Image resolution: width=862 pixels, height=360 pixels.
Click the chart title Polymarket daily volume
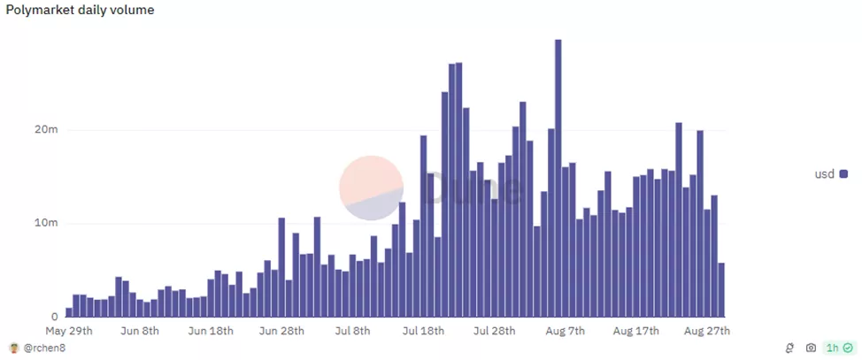tap(80, 10)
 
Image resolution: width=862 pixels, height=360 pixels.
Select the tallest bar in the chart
tap(558, 177)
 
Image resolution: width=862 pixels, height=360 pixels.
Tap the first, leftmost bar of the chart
tap(69, 312)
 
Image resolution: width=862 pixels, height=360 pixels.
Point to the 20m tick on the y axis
tap(47, 130)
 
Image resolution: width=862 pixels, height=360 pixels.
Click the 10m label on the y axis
tap(47, 223)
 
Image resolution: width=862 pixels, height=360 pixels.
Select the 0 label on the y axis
tap(54, 317)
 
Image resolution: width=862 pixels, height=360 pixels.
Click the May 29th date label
tap(68, 331)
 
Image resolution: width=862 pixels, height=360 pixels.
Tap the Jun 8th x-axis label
tap(139, 331)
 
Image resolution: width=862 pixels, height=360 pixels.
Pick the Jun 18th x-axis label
tap(211, 331)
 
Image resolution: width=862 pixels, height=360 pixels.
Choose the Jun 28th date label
tap(281, 331)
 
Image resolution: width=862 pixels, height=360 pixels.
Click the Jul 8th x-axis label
tap(352, 331)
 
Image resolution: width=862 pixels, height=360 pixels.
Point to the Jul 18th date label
tap(423, 331)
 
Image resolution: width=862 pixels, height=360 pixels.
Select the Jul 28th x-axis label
tap(494, 331)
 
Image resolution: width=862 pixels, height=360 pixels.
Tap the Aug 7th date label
tap(565, 331)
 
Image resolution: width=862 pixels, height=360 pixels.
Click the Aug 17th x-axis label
tap(635, 331)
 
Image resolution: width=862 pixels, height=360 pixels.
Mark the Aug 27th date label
tap(707, 331)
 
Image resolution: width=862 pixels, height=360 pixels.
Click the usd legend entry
tap(830, 174)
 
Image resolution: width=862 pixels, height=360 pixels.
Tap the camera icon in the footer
tap(811, 349)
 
